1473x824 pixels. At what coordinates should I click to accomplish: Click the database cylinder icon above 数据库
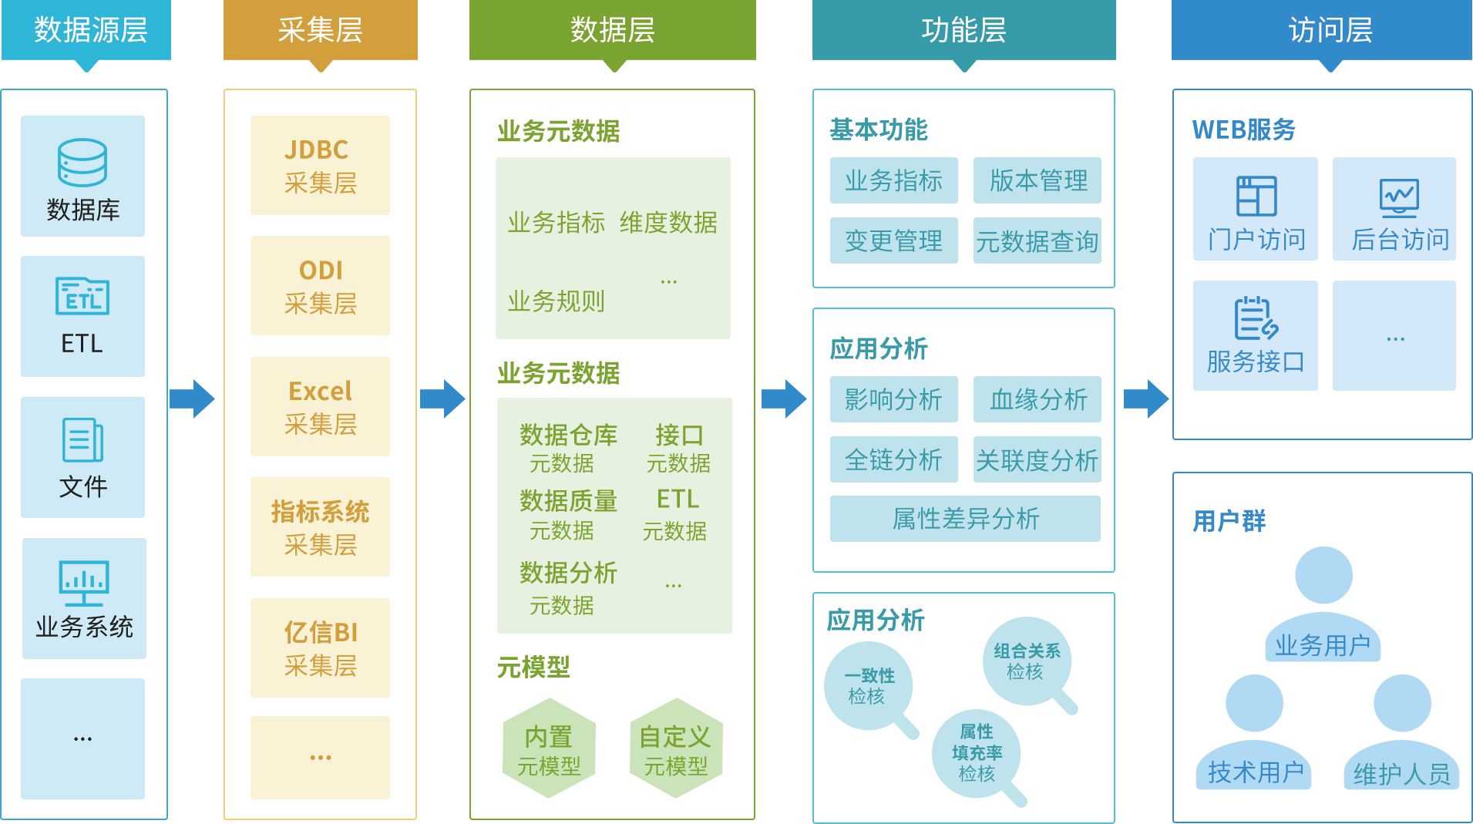(x=82, y=162)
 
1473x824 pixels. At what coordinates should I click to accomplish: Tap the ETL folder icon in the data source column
(x=82, y=296)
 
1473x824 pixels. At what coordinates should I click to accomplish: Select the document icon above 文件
(x=82, y=439)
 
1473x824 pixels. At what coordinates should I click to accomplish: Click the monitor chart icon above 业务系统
(x=84, y=582)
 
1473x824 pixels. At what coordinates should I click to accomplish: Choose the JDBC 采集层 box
(x=320, y=165)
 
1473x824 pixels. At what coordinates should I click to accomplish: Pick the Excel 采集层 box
(x=320, y=406)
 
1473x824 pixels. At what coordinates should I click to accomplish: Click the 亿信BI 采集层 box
(x=320, y=647)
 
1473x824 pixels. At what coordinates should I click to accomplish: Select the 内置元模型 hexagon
(x=549, y=748)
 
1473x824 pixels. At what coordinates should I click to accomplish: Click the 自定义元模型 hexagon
(x=676, y=748)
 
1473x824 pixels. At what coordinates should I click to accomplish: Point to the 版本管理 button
(x=1037, y=180)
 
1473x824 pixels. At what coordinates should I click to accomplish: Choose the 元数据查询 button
(x=1037, y=240)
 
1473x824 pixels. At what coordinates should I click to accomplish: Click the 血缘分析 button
(x=1037, y=399)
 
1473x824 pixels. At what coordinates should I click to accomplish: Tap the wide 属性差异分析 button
(x=965, y=518)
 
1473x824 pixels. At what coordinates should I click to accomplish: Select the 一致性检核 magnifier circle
(x=869, y=685)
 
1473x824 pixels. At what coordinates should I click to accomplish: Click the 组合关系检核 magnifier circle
(x=1027, y=661)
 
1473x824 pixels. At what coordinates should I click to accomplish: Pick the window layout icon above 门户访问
(x=1256, y=196)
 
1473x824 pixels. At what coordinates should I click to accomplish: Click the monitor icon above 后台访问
(x=1399, y=197)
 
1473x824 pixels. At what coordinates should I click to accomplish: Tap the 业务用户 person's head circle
(x=1323, y=575)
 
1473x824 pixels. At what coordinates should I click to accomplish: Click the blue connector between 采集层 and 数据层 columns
(x=443, y=399)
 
